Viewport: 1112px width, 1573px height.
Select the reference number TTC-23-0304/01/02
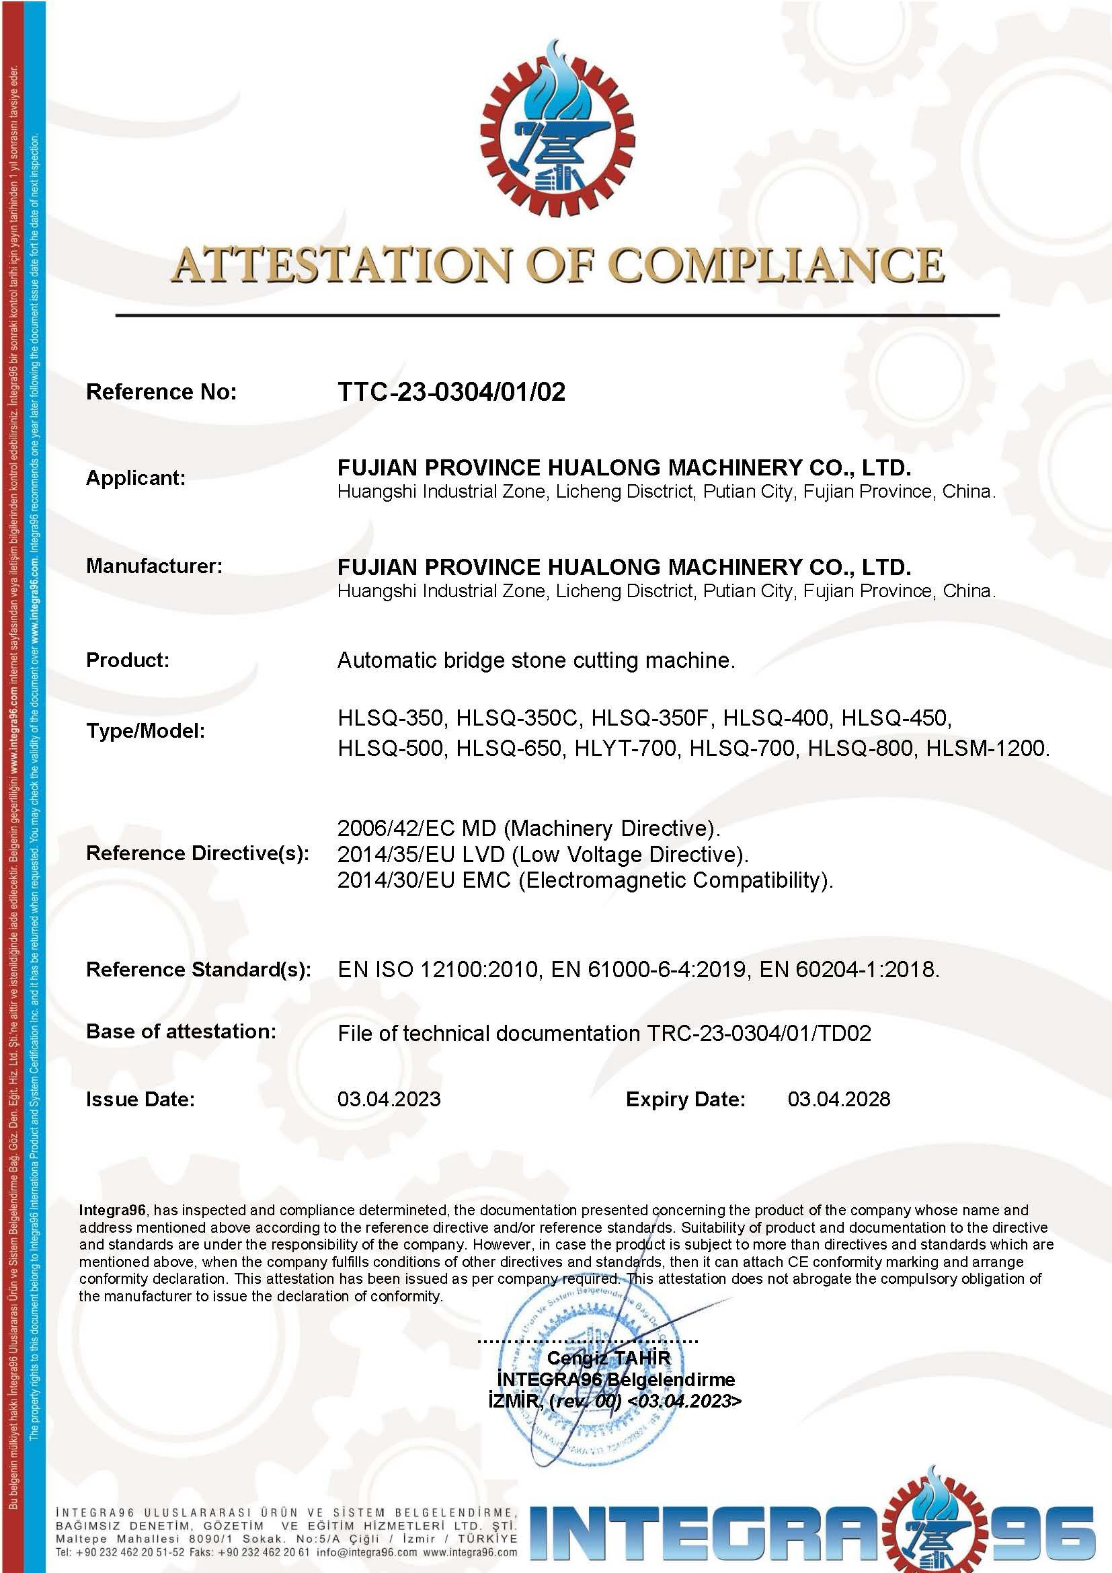click(451, 392)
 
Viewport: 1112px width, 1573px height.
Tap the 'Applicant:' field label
click(136, 478)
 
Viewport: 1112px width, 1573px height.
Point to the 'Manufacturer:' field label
click(154, 566)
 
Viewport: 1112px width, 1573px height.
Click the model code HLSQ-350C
click(518, 718)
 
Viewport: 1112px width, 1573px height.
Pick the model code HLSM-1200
click(986, 748)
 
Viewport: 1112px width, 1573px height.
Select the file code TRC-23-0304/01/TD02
click(758, 1033)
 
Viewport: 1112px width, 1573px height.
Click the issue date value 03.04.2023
click(389, 1100)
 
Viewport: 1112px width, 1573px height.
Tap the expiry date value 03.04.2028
click(839, 1100)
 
